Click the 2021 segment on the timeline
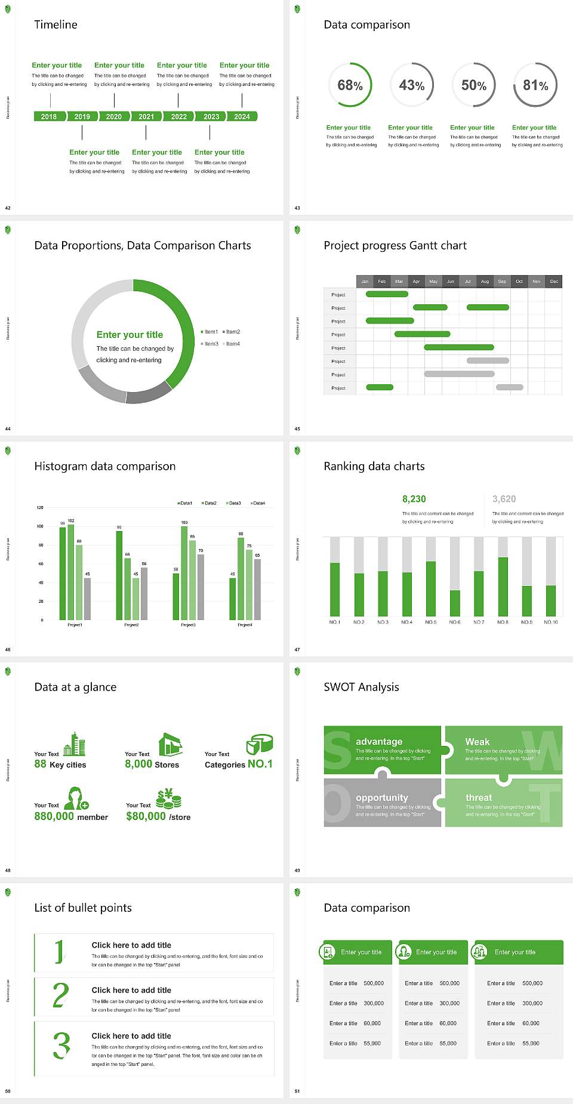(x=146, y=117)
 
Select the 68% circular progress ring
(x=350, y=85)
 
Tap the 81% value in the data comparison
(x=535, y=85)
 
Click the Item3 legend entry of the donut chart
(x=210, y=344)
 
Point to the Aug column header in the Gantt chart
(x=485, y=281)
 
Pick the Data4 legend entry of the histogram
(x=258, y=503)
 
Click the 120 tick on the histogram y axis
(x=40, y=508)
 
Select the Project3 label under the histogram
(x=188, y=625)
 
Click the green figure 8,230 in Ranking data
(x=414, y=499)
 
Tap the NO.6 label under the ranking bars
(x=455, y=622)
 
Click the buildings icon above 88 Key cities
(x=75, y=744)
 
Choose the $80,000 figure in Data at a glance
(x=146, y=816)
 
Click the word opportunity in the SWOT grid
(x=382, y=798)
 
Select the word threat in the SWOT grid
(x=479, y=798)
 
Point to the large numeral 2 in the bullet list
(x=60, y=995)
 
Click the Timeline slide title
(x=56, y=24)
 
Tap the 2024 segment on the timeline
(x=242, y=117)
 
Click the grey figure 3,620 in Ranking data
(x=504, y=499)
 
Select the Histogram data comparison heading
(x=105, y=466)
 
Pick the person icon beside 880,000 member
(x=76, y=798)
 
